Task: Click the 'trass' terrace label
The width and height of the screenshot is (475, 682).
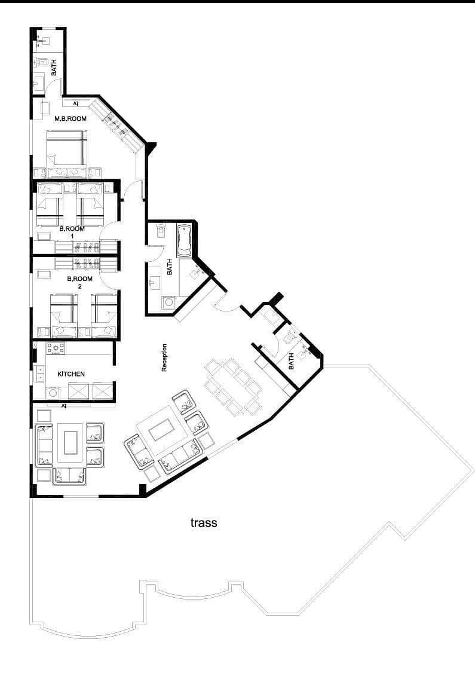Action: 203,522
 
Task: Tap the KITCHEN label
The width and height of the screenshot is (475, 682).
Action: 71,374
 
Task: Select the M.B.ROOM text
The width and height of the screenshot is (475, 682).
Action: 70,118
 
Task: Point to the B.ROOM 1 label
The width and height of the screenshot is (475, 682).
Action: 72,232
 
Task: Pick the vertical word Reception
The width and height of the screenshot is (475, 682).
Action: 164,357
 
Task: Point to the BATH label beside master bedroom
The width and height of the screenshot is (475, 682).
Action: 54,68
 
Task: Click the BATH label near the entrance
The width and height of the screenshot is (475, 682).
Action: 291,361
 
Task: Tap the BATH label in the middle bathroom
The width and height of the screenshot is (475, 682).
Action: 170,267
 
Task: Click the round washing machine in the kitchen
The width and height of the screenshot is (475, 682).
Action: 53,393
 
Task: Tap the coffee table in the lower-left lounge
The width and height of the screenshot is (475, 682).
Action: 71,442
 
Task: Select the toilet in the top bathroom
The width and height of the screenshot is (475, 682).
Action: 41,62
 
